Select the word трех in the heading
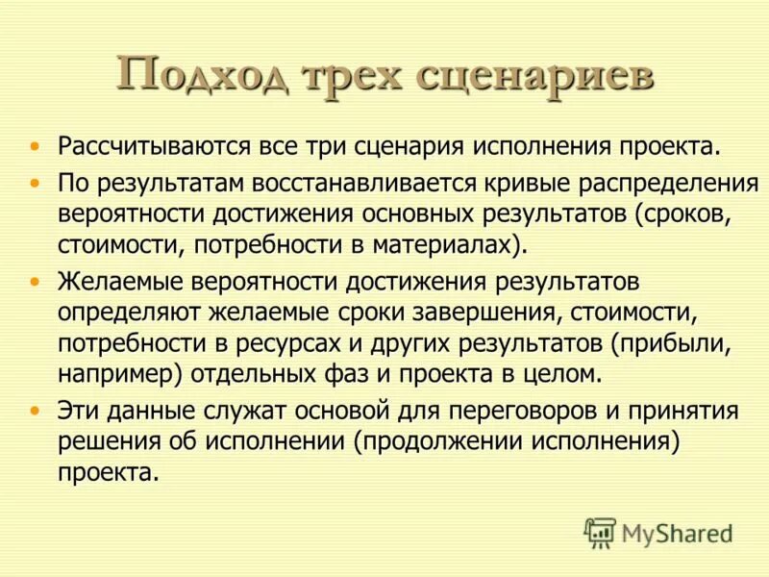(x=352, y=75)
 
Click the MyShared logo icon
(x=600, y=531)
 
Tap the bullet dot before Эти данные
(x=36, y=411)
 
